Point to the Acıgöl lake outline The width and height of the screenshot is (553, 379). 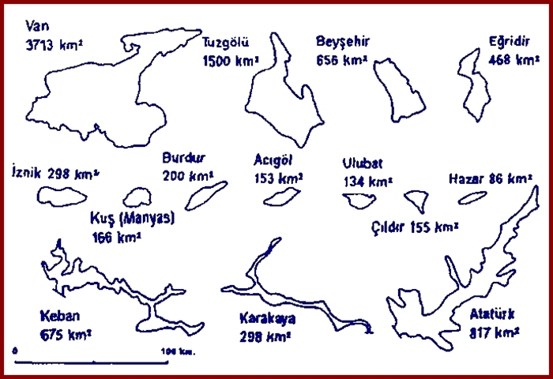(282, 196)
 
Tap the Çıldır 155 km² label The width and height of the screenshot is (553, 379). (415, 227)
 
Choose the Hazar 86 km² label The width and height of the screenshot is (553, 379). (490, 178)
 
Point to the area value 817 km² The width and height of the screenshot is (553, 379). (494, 333)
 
